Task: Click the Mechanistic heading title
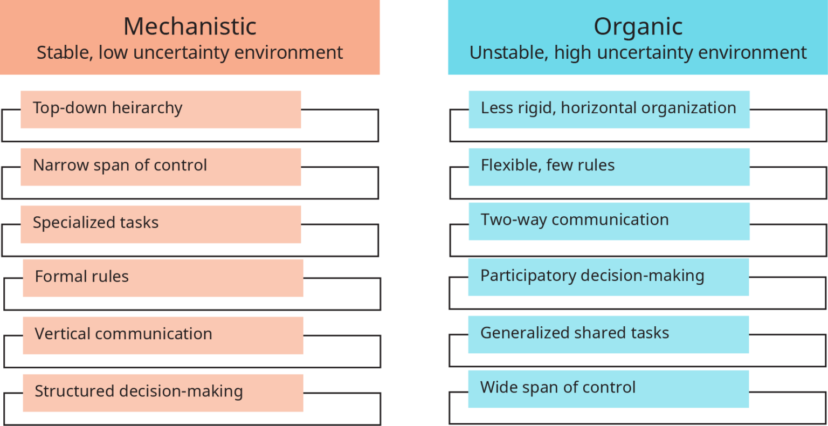click(x=190, y=26)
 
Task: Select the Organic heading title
click(x=638, y=26)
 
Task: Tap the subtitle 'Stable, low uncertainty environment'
click(x=190, y=53)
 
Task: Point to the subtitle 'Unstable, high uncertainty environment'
click(x=638, y=53)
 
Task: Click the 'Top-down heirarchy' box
click(x=161, y=109)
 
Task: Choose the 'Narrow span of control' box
click(x=161, y=167)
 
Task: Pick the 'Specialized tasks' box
click(x=161, y=224)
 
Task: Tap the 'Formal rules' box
click(x=163, y=278)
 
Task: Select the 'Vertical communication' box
click(x=163, y=335)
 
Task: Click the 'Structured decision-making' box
click(x=163, y=393)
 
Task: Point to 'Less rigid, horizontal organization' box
click(x=609, y=109)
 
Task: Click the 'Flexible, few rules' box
click(x=609, y=167)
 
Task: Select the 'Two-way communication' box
click(x=609, y=221)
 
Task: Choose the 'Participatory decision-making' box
click(x=609, y=277)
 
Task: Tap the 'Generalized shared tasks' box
click(x=609, y=334)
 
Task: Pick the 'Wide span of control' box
click(x=609, y=389)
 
